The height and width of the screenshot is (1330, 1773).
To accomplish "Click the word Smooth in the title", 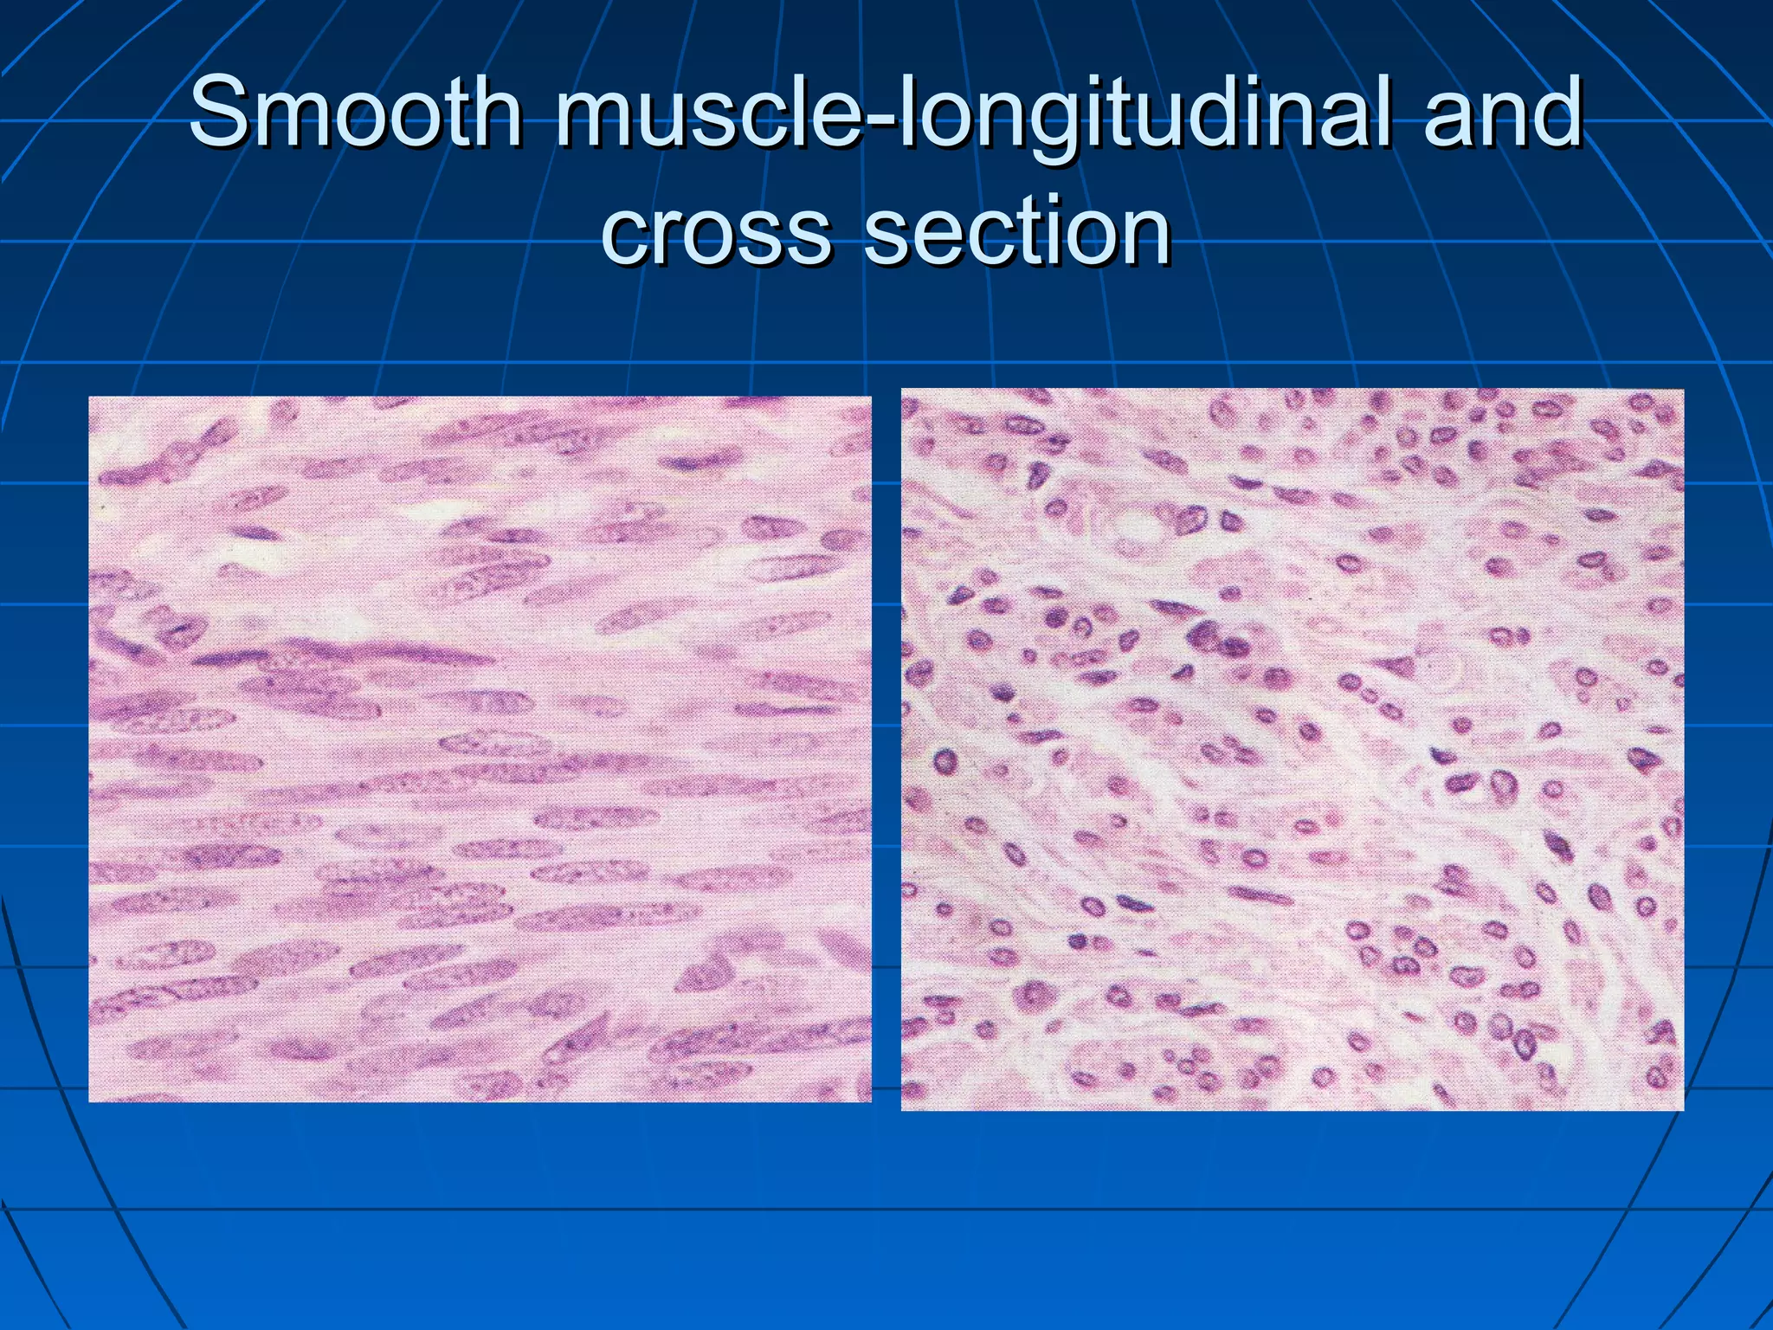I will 355,113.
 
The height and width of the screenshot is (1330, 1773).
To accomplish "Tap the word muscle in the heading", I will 710,113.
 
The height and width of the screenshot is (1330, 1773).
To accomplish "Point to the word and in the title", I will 1503,113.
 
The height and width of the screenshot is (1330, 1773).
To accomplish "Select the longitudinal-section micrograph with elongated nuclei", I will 480,749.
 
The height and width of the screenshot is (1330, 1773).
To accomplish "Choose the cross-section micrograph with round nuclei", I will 1292,749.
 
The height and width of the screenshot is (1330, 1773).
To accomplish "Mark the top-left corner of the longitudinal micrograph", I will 90,398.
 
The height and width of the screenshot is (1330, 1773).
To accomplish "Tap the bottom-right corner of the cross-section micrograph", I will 1682,1108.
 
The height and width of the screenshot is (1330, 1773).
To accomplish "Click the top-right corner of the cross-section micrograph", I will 1682,391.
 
